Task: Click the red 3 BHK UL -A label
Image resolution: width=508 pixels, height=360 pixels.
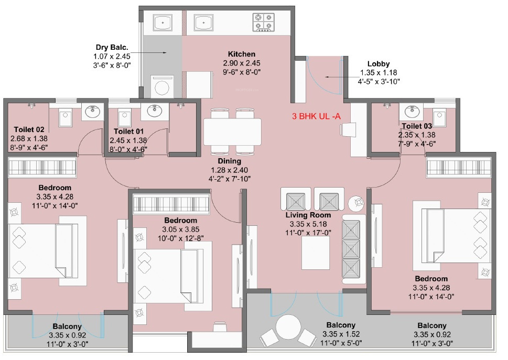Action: (316, 116)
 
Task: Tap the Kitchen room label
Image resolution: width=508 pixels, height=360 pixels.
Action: (241, 54)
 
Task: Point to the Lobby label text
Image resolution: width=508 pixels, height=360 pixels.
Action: (378, 64)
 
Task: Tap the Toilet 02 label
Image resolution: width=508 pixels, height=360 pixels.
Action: (29, 129)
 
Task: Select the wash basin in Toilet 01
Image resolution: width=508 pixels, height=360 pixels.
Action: (154, 111)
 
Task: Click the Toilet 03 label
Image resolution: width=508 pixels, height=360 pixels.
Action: (417, 126)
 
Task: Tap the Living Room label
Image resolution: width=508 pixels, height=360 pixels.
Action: (308, 215)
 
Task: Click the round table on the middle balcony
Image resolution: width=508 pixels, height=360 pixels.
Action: (287, 328)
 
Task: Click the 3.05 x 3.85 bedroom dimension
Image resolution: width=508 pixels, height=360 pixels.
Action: (180, 230)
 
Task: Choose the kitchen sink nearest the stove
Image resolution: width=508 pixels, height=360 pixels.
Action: (203, 23)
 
